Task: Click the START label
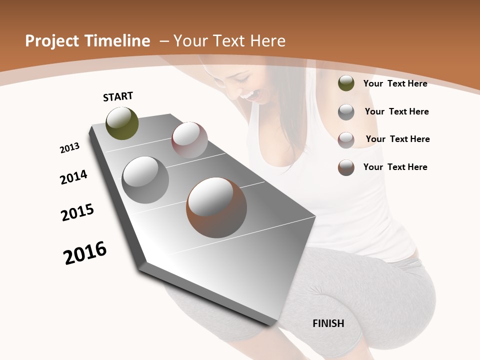[x=118, y=96]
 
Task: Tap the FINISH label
[x=328, y=323]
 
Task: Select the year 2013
[x=69, y=148]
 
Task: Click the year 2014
[x=73, y=177]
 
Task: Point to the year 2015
[x=77, y=212]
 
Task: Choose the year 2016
[x=85, y=253]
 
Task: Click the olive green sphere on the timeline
[x=122, y=123]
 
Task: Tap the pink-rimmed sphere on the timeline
[x=189, y=140]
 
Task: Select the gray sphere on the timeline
[x=145, y=179]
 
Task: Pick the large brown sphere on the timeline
[x=216, y=207]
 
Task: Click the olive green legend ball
[x=346, y=83]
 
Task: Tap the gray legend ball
[x=346, y=112]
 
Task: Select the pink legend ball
[x=346, y=139]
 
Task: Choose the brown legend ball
[x=346, y=167]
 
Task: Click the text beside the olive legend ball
[x=395, y=83]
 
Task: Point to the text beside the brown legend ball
[x=395, y=167]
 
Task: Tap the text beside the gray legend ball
[x=396, y=111]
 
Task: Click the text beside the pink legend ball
[x=397, y=139]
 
